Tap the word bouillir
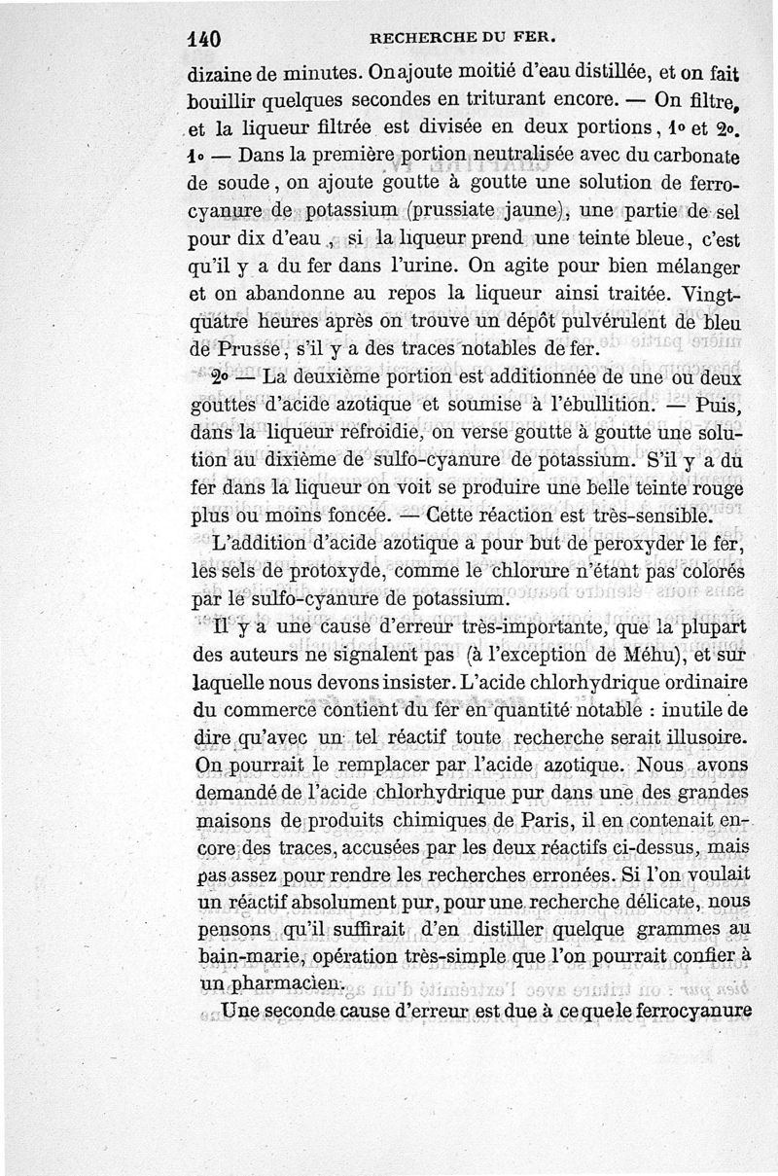[x=224, y=99]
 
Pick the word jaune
[x=531, y=210]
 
